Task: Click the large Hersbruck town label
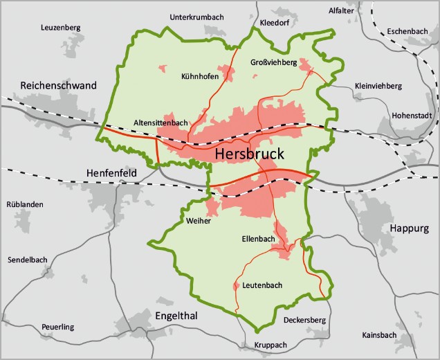249,154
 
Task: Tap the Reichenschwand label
59,86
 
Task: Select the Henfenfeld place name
111,172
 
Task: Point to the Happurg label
409,228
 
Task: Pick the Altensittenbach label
161,123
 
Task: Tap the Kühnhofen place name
200,77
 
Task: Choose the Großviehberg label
273,63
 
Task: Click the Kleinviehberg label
378,86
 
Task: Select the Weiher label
198,221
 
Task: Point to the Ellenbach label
259,240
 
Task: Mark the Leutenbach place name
263,285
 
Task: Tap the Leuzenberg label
61,28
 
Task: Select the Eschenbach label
407,31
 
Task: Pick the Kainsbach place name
379,335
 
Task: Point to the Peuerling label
57,327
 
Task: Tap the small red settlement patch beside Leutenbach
237,285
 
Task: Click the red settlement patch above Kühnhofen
164,69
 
